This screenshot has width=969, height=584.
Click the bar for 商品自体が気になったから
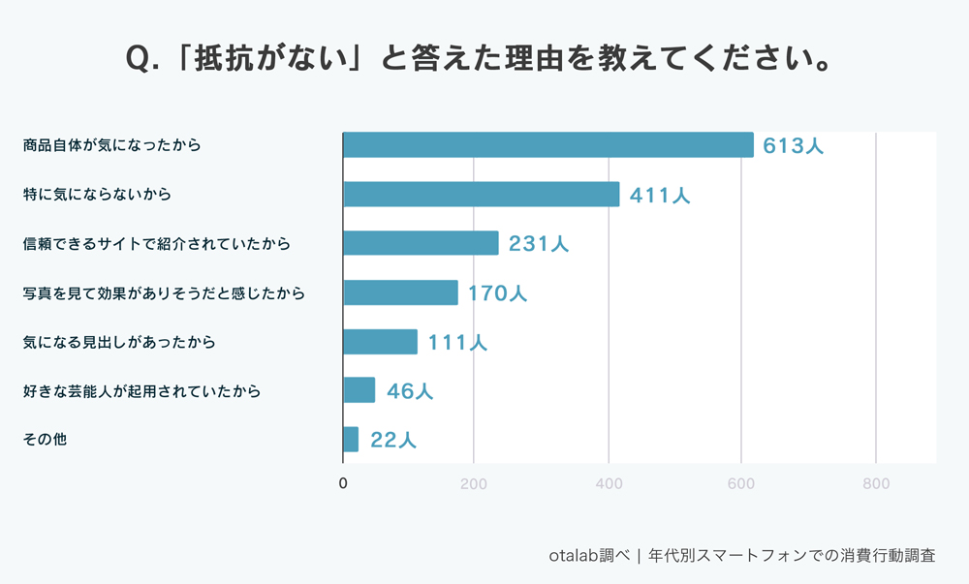547,145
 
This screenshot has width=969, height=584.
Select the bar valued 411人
481,194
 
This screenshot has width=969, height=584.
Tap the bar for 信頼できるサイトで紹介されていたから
421,243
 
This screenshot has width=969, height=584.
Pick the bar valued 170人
400,292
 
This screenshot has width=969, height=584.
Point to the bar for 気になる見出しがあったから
380,342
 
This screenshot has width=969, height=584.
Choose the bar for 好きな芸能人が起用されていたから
359,390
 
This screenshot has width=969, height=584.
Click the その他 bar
351,440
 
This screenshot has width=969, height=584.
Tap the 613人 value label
793,146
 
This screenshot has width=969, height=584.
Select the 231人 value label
539,244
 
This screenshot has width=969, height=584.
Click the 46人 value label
410,391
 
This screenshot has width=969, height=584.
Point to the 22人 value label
393,441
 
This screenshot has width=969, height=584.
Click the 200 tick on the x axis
474,482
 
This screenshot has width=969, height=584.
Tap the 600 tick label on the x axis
741,482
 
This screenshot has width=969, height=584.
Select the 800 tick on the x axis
876,482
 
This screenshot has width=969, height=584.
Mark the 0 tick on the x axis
343,482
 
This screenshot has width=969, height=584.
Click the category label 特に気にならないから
97,195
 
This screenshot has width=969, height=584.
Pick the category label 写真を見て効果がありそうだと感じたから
164,292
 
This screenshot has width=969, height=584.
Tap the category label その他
45,440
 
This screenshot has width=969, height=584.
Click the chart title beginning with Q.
481,59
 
